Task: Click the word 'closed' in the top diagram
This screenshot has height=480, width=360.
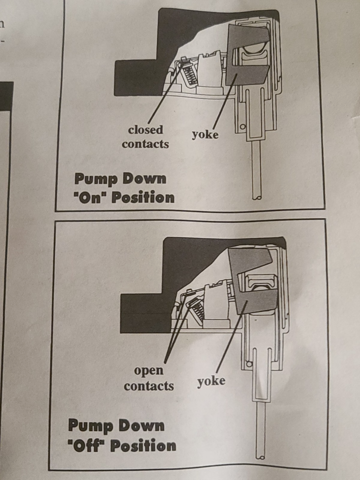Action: click(x=145, y=129)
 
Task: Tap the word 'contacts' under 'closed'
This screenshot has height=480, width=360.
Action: click(x=145, y=143)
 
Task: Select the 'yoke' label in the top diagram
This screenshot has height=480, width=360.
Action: click(x=205, y=134)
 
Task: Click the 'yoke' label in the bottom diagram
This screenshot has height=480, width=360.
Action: click(x=211, y=381)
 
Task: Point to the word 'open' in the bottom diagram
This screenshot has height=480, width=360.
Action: click(x=148, y=371)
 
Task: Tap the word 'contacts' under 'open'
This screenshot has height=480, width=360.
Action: click(x=149, y=385)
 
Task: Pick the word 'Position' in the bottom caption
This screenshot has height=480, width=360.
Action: click(x=143, y=445)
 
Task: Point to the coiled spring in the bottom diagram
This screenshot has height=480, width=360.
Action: click(x=196, y=310)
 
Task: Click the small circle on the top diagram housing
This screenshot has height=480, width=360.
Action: click(x=242, y=126)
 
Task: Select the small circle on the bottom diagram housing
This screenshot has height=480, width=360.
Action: click(x=248, y=364)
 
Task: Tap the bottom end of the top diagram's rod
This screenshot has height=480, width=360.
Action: click(x=256, y=198)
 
